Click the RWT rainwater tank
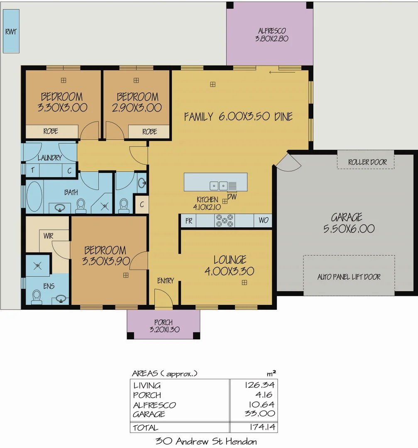[11, 32]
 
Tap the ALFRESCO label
[272, 31]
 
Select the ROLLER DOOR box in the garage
[367, 162]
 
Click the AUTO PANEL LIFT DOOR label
[349, 277]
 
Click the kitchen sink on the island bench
[219, 185]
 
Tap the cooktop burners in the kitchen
[224, 221]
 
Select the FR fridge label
[189, 221]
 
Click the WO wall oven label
[264, 221]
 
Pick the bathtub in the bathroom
[34, 197]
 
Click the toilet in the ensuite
[37, 297]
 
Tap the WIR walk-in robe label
[49, 236]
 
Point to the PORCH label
[163, 322]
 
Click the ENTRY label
[165, 281]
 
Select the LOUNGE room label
[230, 260]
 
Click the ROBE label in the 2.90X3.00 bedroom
[149, 131]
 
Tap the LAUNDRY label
[49, 158]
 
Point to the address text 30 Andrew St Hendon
[206, 441]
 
